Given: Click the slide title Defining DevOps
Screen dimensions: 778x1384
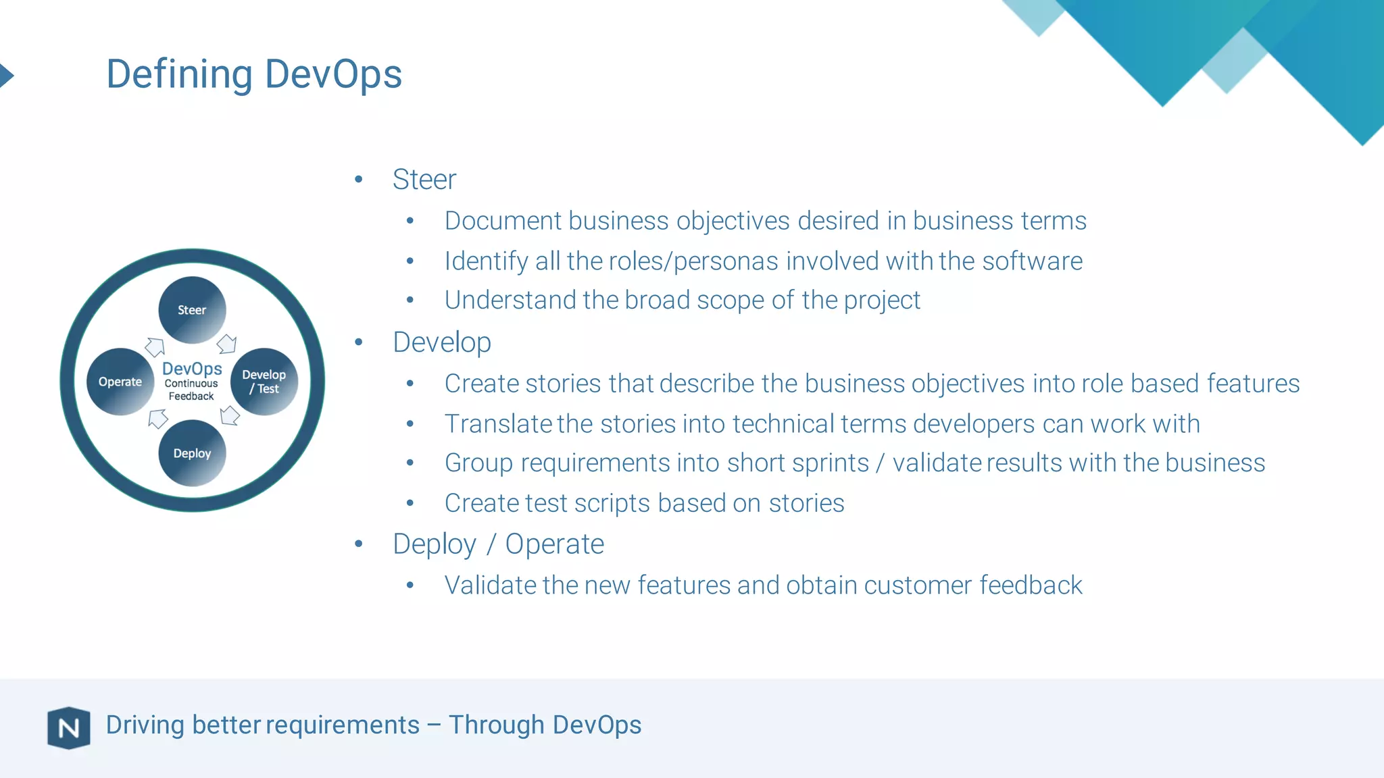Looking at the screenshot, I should (254, 74).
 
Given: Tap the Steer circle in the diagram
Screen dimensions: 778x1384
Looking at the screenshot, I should (192, 310).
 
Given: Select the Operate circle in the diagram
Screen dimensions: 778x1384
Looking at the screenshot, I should (120, 382).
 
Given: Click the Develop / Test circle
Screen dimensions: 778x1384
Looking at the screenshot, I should (264, 382).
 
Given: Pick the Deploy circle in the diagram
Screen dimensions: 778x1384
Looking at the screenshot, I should (192, 453).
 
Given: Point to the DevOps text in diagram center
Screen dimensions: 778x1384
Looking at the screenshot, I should (192, 369).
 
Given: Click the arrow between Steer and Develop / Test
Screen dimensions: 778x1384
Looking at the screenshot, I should (227, 344).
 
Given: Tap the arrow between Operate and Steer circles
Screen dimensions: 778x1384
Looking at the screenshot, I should (155, 346).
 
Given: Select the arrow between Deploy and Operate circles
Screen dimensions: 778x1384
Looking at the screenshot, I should (157, 419).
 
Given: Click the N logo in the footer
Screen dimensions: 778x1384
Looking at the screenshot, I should (68, 727).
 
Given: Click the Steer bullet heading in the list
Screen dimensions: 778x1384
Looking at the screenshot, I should (424, 180).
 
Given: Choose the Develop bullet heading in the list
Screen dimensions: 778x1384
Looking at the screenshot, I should (442, 342).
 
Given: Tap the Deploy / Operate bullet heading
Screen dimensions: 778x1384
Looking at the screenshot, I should (498, 544).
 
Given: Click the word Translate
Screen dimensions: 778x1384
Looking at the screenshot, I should (498, 424).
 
